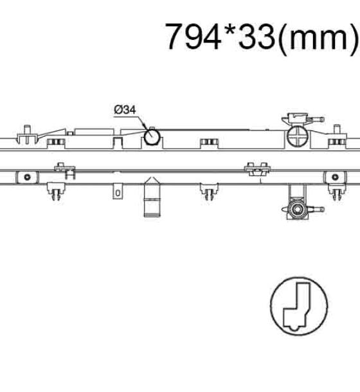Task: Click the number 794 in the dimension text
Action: [x=193, y=37]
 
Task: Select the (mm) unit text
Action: [x=318, y=37]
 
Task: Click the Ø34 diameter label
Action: [x=125, y=110]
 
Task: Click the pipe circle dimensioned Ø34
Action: [x=152, y=136]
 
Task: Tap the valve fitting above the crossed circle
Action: [x=302, y=118]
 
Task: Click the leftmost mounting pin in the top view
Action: [x=27, y=134]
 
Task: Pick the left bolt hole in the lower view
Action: [x=27, y=177]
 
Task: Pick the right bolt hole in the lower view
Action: [x=335, y=177]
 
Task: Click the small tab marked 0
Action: [x=118, y=192]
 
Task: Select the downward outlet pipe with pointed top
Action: [x=152, y=197]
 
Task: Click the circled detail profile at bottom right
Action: [x=299, y=306]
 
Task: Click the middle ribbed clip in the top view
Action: [x=209, y=143]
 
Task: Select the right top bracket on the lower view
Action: [x=257, y=169]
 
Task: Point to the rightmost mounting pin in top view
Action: [x=337, y=134]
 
